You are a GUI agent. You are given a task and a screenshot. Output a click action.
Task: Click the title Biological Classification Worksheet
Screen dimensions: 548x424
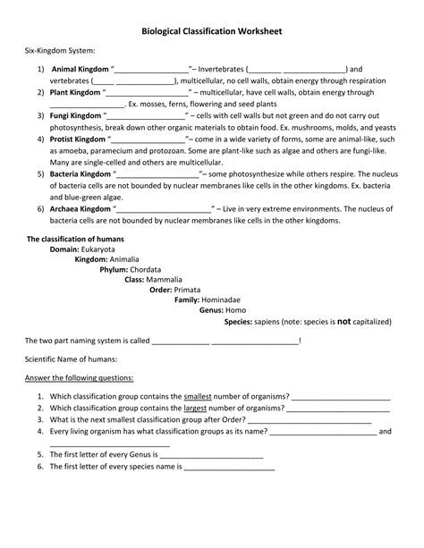click(x=212, y=31)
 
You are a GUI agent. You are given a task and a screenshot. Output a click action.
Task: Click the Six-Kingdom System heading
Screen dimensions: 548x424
click(x=55, y=53)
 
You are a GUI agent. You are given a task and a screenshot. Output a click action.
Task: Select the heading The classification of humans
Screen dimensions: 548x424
click(x=75, y=240)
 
